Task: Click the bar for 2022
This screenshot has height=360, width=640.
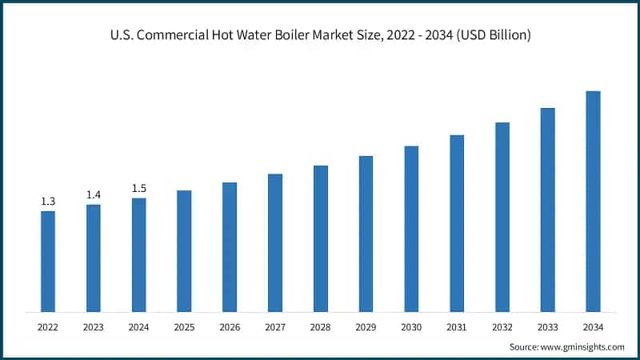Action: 48,261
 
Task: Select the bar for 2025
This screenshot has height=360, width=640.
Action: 184,250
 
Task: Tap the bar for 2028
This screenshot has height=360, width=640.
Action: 320,238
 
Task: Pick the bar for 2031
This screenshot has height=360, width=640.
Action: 457,223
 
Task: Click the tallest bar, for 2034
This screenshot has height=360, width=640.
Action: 593,201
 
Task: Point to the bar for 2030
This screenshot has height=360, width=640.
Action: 411,229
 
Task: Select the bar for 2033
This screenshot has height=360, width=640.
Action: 547,210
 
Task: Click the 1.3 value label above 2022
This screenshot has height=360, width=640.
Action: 48,202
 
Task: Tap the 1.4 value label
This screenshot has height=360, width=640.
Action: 94,195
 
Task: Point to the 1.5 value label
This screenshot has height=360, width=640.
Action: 139,189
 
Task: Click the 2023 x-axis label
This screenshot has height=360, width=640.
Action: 94,326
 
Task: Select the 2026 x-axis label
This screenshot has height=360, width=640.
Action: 230,326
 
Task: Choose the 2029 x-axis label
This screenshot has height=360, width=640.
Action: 366,326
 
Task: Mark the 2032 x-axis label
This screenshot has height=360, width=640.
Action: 502,326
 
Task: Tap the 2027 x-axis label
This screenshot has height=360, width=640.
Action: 275,326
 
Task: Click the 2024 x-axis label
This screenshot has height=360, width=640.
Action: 139,326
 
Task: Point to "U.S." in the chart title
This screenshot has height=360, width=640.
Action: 121,35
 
